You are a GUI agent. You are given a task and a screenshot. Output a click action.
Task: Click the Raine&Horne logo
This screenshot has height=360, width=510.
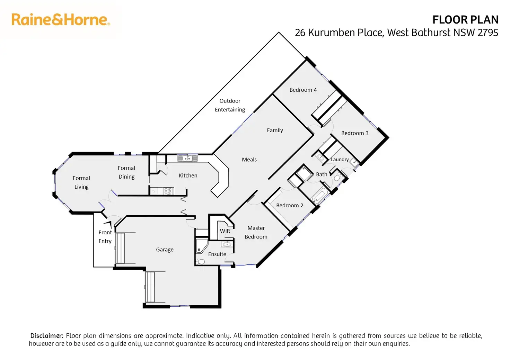[x=61, y=19]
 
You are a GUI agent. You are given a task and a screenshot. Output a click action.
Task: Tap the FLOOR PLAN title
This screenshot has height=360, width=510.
[x=465, y=20]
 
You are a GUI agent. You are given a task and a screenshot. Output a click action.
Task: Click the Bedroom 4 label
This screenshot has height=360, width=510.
[x=303, y=90]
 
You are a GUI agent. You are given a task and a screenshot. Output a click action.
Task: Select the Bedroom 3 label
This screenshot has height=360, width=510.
[x=355, y=133]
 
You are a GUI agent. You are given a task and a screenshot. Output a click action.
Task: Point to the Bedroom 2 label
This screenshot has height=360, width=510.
[x=290, y=206]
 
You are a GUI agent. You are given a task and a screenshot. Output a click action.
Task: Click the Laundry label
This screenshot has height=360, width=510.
[x=340, y=160]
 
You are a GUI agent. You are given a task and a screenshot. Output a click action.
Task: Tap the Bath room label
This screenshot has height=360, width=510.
[x=322, y=174]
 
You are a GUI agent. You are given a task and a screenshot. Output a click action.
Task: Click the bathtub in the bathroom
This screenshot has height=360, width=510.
[x=319, y=196]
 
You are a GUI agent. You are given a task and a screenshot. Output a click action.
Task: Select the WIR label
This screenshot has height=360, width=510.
[x=225, y=231]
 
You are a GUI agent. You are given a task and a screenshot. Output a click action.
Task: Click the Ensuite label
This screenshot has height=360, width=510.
[x=217, y=254]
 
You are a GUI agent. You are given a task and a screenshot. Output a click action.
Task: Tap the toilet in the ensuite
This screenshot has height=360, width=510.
[x=200, y=261]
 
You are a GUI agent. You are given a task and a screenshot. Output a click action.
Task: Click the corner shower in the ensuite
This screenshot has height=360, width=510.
[x=201, y=245]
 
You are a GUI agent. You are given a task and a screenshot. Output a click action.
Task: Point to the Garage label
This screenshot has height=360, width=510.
[x=165, y=250]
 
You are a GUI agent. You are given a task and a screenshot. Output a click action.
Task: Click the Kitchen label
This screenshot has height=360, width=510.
[x=188, y=176]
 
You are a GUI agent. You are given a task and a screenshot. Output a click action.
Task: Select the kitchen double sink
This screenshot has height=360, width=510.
[x=187, y=159]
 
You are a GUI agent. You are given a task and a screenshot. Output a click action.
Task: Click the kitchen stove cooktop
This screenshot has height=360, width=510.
[x=168, y=191]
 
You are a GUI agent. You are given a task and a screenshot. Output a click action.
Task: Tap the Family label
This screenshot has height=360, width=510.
[x=275, y=130]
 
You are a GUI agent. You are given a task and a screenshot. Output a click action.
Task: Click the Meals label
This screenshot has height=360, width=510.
[x=249, y=160]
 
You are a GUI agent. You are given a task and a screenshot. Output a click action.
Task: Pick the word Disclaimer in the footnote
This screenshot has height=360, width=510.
[x=47, y=336]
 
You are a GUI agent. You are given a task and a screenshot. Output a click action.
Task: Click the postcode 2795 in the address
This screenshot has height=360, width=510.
[x=488, y=33]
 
